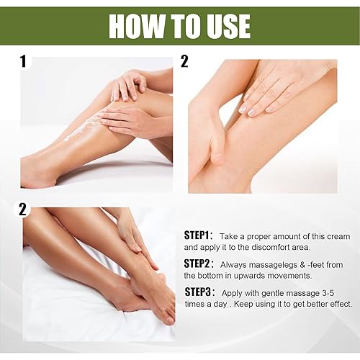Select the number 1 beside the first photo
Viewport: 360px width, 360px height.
point(23,62)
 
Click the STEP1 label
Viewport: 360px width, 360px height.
point(198,236)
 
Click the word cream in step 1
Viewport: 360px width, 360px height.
point(336,236)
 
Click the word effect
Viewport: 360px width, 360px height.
point(338,304)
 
